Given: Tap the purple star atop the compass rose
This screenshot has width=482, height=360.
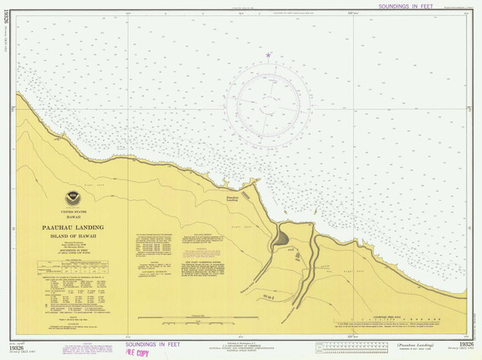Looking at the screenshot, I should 268,55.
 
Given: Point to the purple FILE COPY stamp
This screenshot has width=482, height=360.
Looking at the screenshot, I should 134,352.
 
